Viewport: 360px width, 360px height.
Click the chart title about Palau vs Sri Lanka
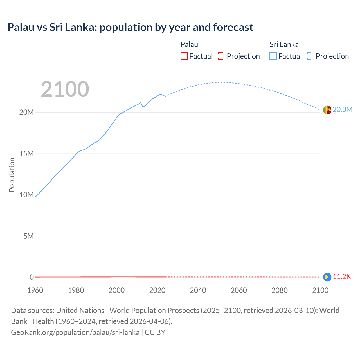pos(130,27)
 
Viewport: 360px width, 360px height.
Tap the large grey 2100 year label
pos(65,89)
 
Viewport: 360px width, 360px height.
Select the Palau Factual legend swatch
pos(184,56)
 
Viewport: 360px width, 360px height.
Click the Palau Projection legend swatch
pos(222,56)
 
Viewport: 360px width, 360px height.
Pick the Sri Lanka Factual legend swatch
pos(273,56)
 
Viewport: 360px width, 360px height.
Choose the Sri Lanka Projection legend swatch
pos(310,56)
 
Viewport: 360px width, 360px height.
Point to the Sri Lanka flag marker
pos(327,110)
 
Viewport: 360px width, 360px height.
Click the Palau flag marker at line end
pos(327,277)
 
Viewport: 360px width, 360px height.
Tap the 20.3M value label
pos(342,110)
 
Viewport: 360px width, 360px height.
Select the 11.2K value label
pos(342,277)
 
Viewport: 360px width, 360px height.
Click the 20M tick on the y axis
pos(26,112)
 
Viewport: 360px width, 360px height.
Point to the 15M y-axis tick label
pos(26,154)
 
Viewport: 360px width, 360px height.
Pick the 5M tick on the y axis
pos(28,236)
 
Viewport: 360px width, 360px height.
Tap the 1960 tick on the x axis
pos(35,290)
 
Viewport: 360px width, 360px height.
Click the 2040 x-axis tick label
pos(198,290)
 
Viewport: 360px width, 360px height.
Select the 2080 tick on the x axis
pos(280,290)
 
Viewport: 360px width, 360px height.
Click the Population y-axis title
pos(12,175)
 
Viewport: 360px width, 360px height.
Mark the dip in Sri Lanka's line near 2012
pos(143,107)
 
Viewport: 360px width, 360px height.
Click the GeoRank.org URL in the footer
pos(75,332)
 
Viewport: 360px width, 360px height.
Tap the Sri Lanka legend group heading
pos(284,44)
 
